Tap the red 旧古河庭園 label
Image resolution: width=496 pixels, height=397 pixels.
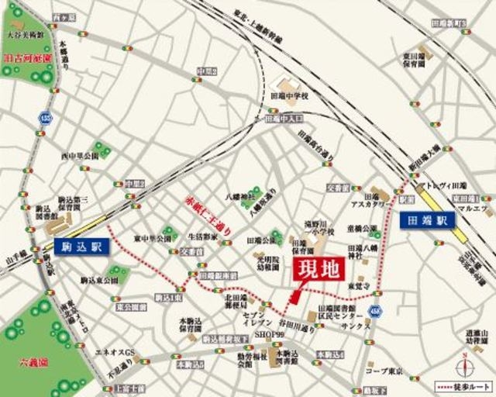tap(27, 57)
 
